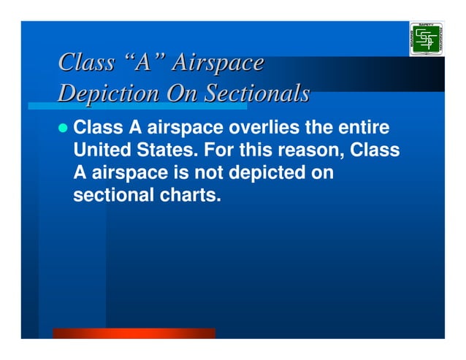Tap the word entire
coord(363,129)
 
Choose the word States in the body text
coord(161,151)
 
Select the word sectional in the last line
coord(110,195)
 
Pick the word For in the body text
coord(211,151)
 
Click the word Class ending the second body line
coord(375,151)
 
